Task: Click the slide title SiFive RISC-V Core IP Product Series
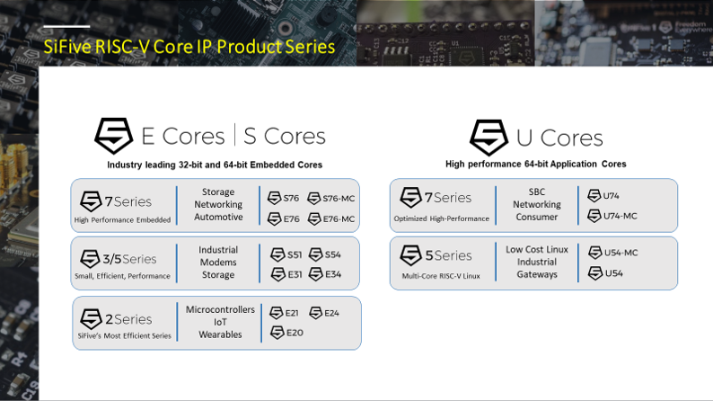189,47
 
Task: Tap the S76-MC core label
338,198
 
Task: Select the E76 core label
291,218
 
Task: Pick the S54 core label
332,254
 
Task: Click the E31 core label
293,274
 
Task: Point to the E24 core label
331,313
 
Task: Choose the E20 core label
294,333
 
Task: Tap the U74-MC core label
619,216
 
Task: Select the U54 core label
613,273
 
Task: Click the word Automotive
218,218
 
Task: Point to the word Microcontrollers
220,309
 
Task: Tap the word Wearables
220,334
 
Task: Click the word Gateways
537,274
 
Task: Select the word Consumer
537,217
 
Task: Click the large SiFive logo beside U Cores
489,138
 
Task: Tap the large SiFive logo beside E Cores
114,136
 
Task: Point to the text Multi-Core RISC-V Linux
441,275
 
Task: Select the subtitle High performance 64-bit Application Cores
535,165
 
